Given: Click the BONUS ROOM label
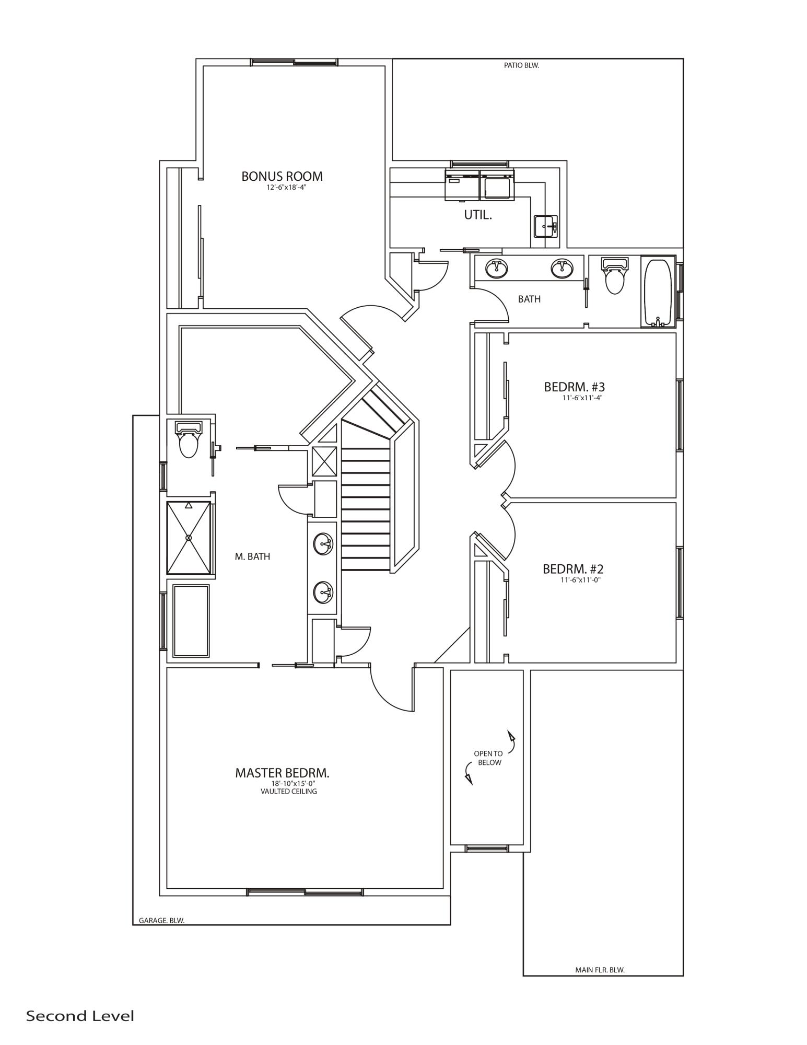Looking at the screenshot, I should coord(282,177).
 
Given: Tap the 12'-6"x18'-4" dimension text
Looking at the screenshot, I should coord(285,188).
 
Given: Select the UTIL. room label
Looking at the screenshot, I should coord(477,215).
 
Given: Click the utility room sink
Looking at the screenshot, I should coord(545,227).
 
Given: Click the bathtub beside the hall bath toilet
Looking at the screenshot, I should coord(658,292).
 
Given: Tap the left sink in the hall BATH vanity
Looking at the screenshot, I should coord(496,269).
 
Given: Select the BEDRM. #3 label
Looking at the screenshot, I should coord(574,387).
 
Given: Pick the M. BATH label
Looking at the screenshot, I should coord(252,557).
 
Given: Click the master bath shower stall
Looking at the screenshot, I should coord(189,537).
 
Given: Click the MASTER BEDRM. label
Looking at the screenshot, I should coord(282,773).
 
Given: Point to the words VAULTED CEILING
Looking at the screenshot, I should coord(288,792).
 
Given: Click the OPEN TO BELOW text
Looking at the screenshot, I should coord(488,758).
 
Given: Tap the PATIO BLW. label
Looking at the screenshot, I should coord(521,66).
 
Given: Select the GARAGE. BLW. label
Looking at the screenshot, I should coord(161,921).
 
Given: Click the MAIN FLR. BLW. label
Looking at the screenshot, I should coord(600,970).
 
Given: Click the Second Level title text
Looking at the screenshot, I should coord(80,1016).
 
